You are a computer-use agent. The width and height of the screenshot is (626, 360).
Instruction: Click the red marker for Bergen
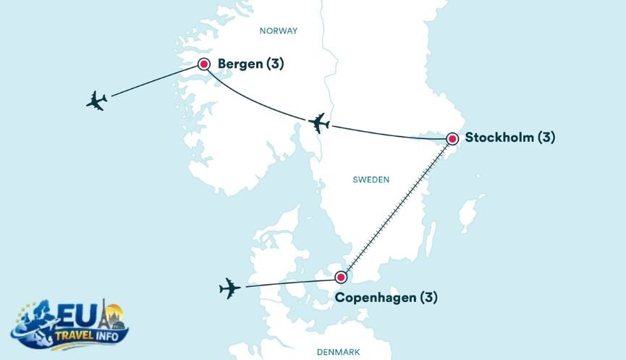204,64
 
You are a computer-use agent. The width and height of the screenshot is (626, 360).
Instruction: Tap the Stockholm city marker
452,138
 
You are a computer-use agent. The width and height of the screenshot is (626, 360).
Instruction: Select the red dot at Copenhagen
341,277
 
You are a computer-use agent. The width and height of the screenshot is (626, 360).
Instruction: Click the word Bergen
240,64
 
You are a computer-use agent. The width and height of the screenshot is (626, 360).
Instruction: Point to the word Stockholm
499,138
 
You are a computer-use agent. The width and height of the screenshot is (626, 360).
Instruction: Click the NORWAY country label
279,30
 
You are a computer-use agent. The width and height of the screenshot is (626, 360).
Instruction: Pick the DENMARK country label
339,352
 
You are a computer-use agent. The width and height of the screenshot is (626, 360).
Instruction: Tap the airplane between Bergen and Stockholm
318,123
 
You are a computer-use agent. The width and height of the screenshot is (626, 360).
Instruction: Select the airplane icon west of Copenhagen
229,288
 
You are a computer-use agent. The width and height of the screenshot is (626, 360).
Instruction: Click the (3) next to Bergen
275,64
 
